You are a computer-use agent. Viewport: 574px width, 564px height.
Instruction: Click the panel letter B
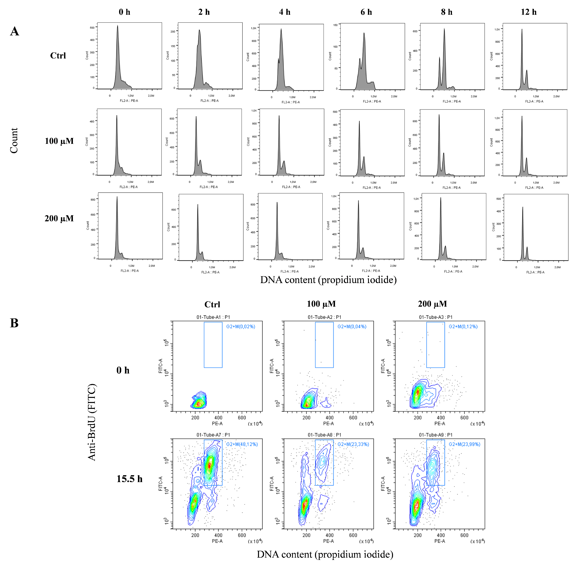(14, 323)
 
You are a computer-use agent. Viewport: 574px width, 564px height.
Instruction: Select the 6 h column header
(366, 12)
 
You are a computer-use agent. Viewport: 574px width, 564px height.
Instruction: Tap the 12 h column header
(528, 12)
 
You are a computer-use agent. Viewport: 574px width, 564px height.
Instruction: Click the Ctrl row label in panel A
(58, 56)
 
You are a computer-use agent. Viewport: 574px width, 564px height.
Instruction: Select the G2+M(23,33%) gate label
(353, 444)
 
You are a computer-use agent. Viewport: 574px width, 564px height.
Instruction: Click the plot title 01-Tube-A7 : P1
(213, 435)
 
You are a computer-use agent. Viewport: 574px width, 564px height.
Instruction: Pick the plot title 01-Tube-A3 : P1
(435, 317)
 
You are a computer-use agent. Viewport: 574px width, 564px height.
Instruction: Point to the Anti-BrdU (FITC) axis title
(92, 422)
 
